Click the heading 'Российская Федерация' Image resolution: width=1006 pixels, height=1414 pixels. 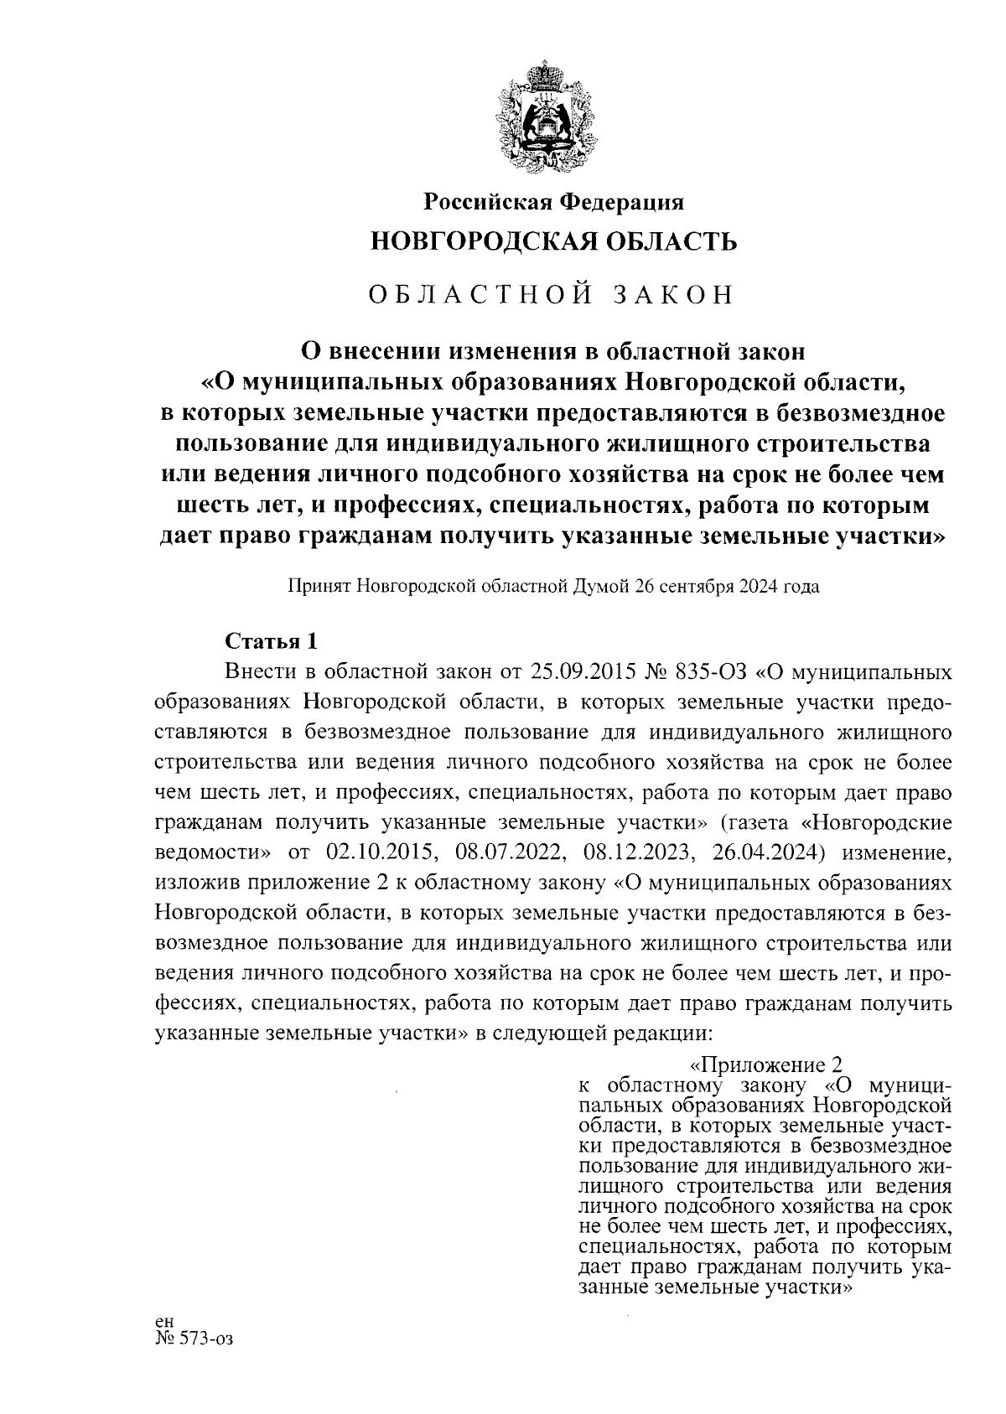(553, 202)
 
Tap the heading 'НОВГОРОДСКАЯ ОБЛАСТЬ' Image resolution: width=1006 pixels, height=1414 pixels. (553, 243)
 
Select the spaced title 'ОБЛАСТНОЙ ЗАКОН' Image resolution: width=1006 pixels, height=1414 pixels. (553, 295)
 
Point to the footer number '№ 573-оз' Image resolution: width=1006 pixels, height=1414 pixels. (192, 1339)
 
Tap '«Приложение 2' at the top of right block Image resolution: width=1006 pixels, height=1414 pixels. (764, 1064)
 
